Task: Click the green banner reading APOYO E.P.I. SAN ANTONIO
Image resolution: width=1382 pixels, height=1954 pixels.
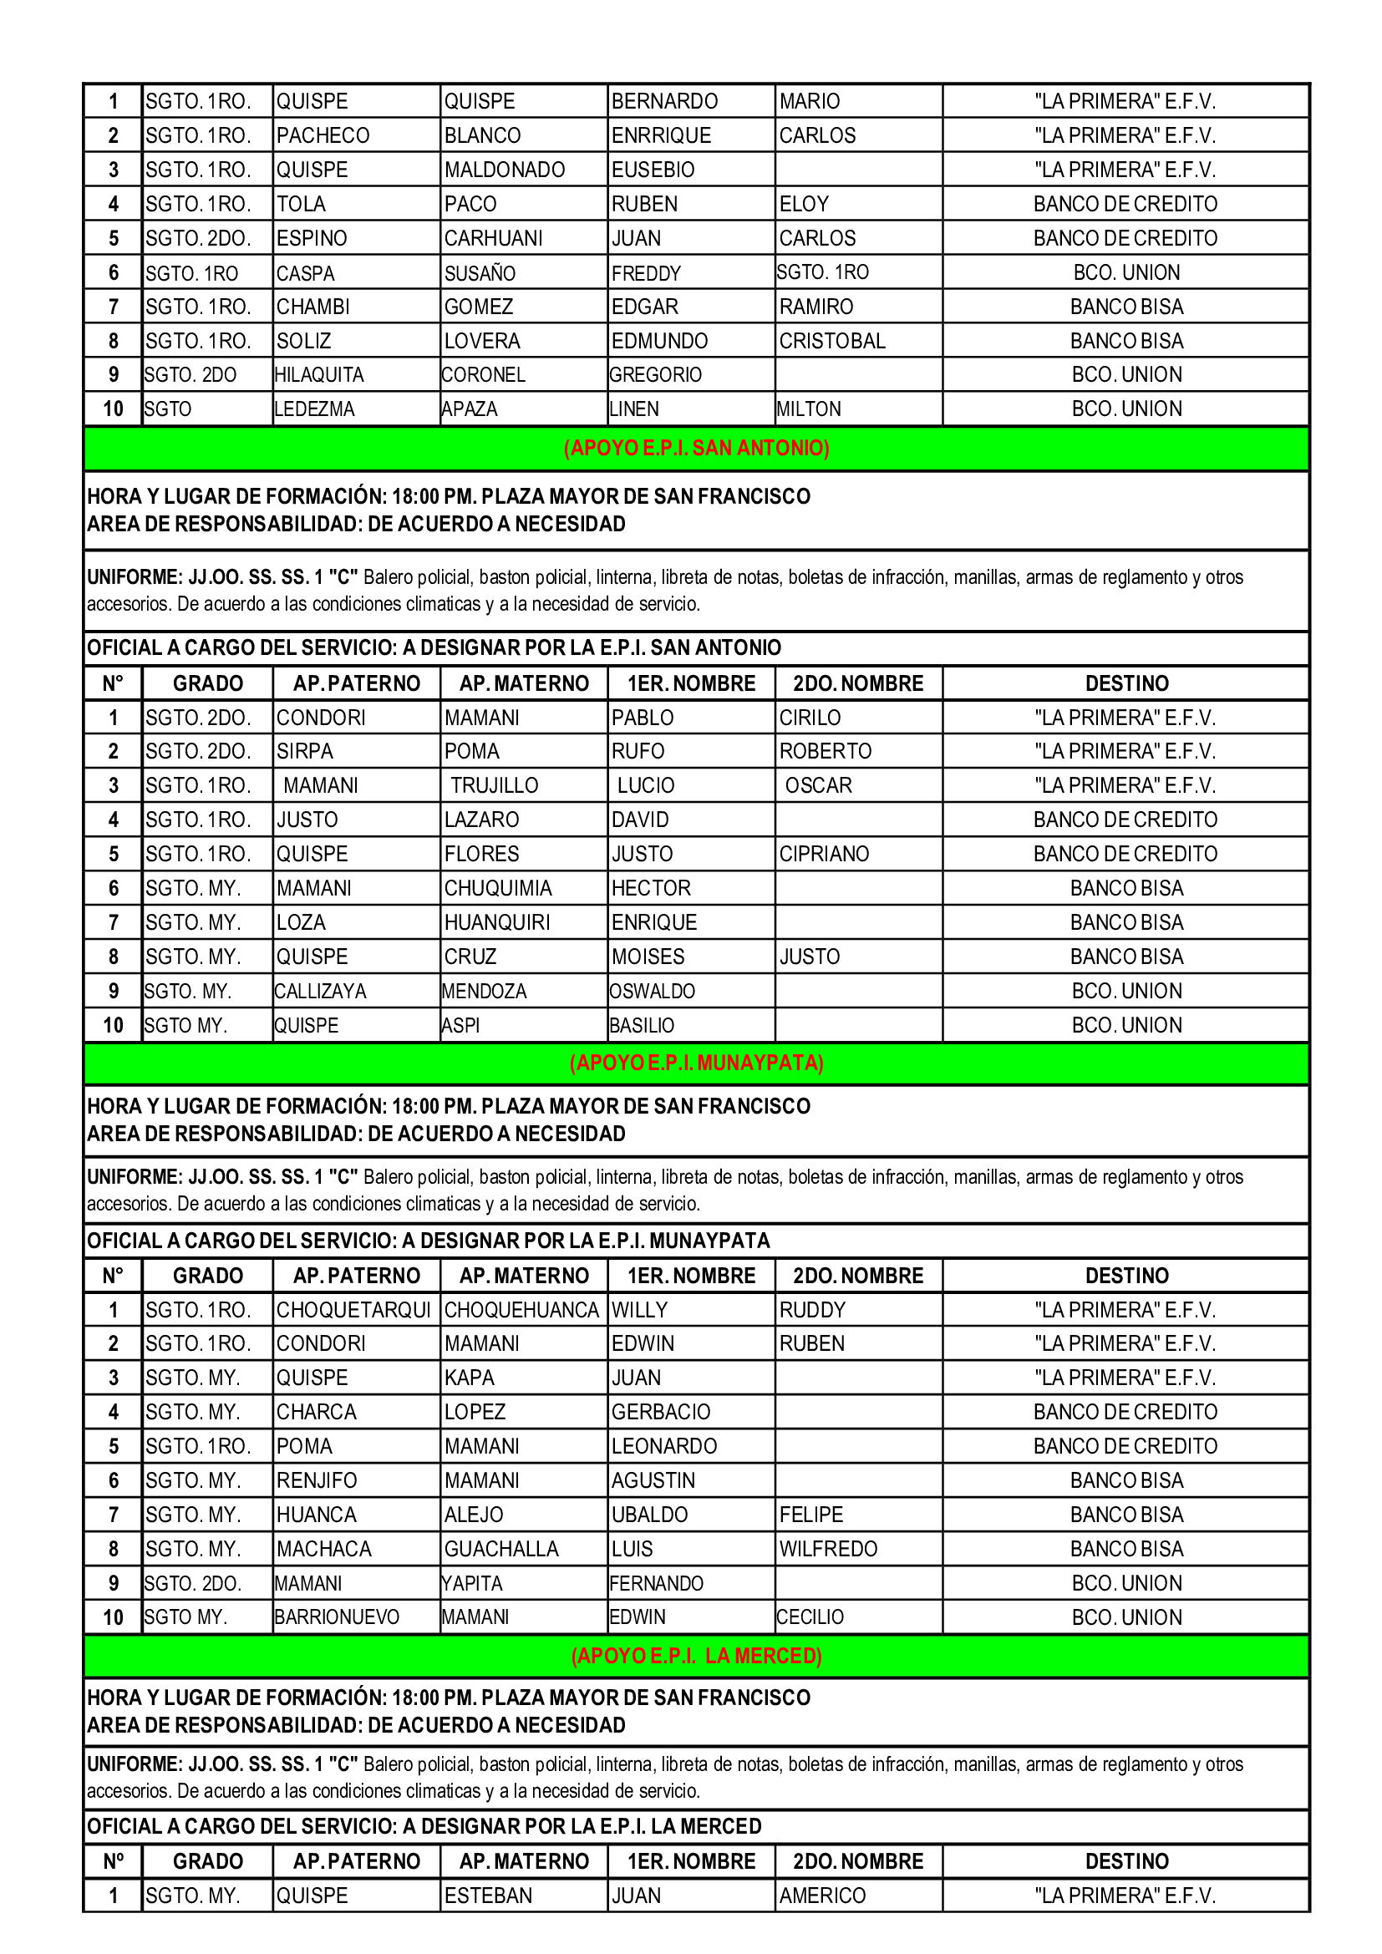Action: click(x=696, y=448)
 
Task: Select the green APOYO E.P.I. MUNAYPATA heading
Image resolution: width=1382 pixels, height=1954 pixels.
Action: click(x=696, y=1063)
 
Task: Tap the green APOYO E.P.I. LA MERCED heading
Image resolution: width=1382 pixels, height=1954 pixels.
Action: click(x=696, y=1655)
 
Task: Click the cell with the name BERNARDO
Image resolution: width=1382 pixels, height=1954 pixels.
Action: click(x=664, y=101)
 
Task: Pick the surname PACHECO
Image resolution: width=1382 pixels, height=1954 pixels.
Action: click(x=323, y=135)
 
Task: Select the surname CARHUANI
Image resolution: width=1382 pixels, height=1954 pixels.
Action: click(x=494, y=238)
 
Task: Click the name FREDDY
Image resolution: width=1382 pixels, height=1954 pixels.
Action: click(x=647, y=273)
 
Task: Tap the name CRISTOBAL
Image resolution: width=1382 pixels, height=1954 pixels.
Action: click(x=832, y=340)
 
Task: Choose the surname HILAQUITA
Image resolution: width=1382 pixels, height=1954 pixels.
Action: click(x=319, y=374)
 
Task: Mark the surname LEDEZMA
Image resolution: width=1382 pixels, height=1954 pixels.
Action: click(x=315, y=409)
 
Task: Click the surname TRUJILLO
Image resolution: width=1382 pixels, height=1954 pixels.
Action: click(x=495, y=785)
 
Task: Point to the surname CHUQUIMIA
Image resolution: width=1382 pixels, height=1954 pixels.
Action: click(x=498, y=889)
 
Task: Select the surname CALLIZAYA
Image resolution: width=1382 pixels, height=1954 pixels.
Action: click(x=321, y=992)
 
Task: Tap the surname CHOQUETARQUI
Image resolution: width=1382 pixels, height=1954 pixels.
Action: click(x=354, y=1310)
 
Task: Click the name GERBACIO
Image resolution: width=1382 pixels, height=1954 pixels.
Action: click(x=661, y=1412)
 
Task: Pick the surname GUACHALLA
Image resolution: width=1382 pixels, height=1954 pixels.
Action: click(x=501, y=1549)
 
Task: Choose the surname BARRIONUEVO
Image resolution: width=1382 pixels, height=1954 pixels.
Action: click(x=337, y=1617)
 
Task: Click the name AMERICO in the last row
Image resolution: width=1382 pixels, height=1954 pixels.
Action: click(x=822, y=1896)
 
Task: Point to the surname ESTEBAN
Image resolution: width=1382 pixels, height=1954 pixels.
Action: click(x=489, y=1896)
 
